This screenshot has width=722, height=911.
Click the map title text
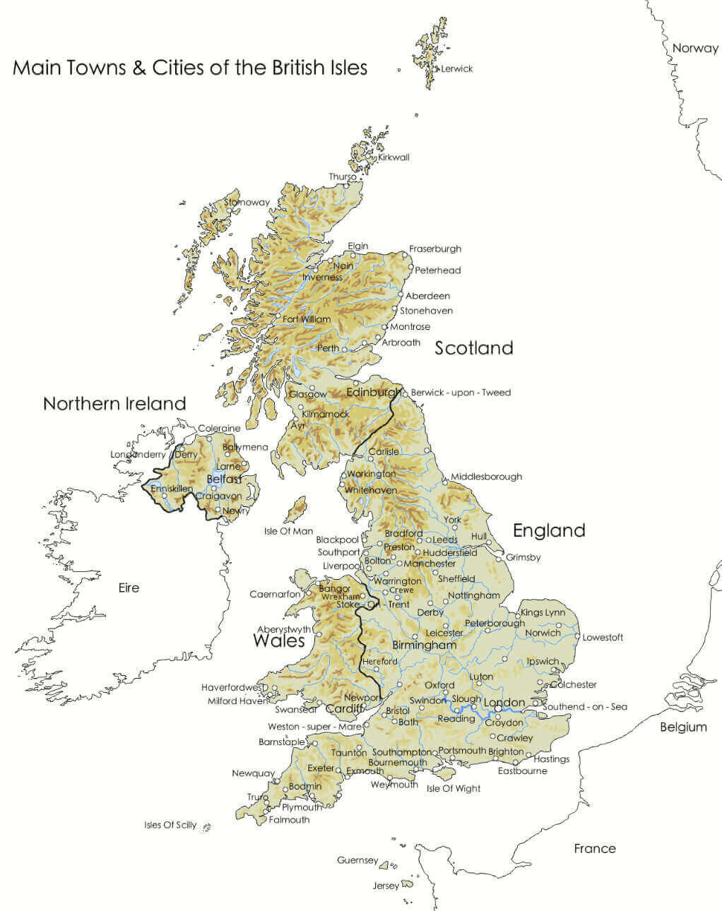190,68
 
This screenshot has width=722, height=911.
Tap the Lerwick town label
456,69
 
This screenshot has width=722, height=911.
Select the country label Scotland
473,347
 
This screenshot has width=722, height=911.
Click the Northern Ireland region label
114,403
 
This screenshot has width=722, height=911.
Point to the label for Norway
695,48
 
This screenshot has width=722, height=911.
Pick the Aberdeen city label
427,296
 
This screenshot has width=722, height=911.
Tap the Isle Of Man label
288,531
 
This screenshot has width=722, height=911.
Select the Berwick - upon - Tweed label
461,393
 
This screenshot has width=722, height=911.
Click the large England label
549,530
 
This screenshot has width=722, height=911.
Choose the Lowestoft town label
603,638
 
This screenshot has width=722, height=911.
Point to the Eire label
129,588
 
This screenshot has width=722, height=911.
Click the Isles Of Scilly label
170,825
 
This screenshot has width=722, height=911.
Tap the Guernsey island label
357,860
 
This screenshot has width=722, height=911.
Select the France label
594,848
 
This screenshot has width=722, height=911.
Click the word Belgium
683,727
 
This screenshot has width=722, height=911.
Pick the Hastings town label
552,759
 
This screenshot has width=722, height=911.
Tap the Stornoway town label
247,203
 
